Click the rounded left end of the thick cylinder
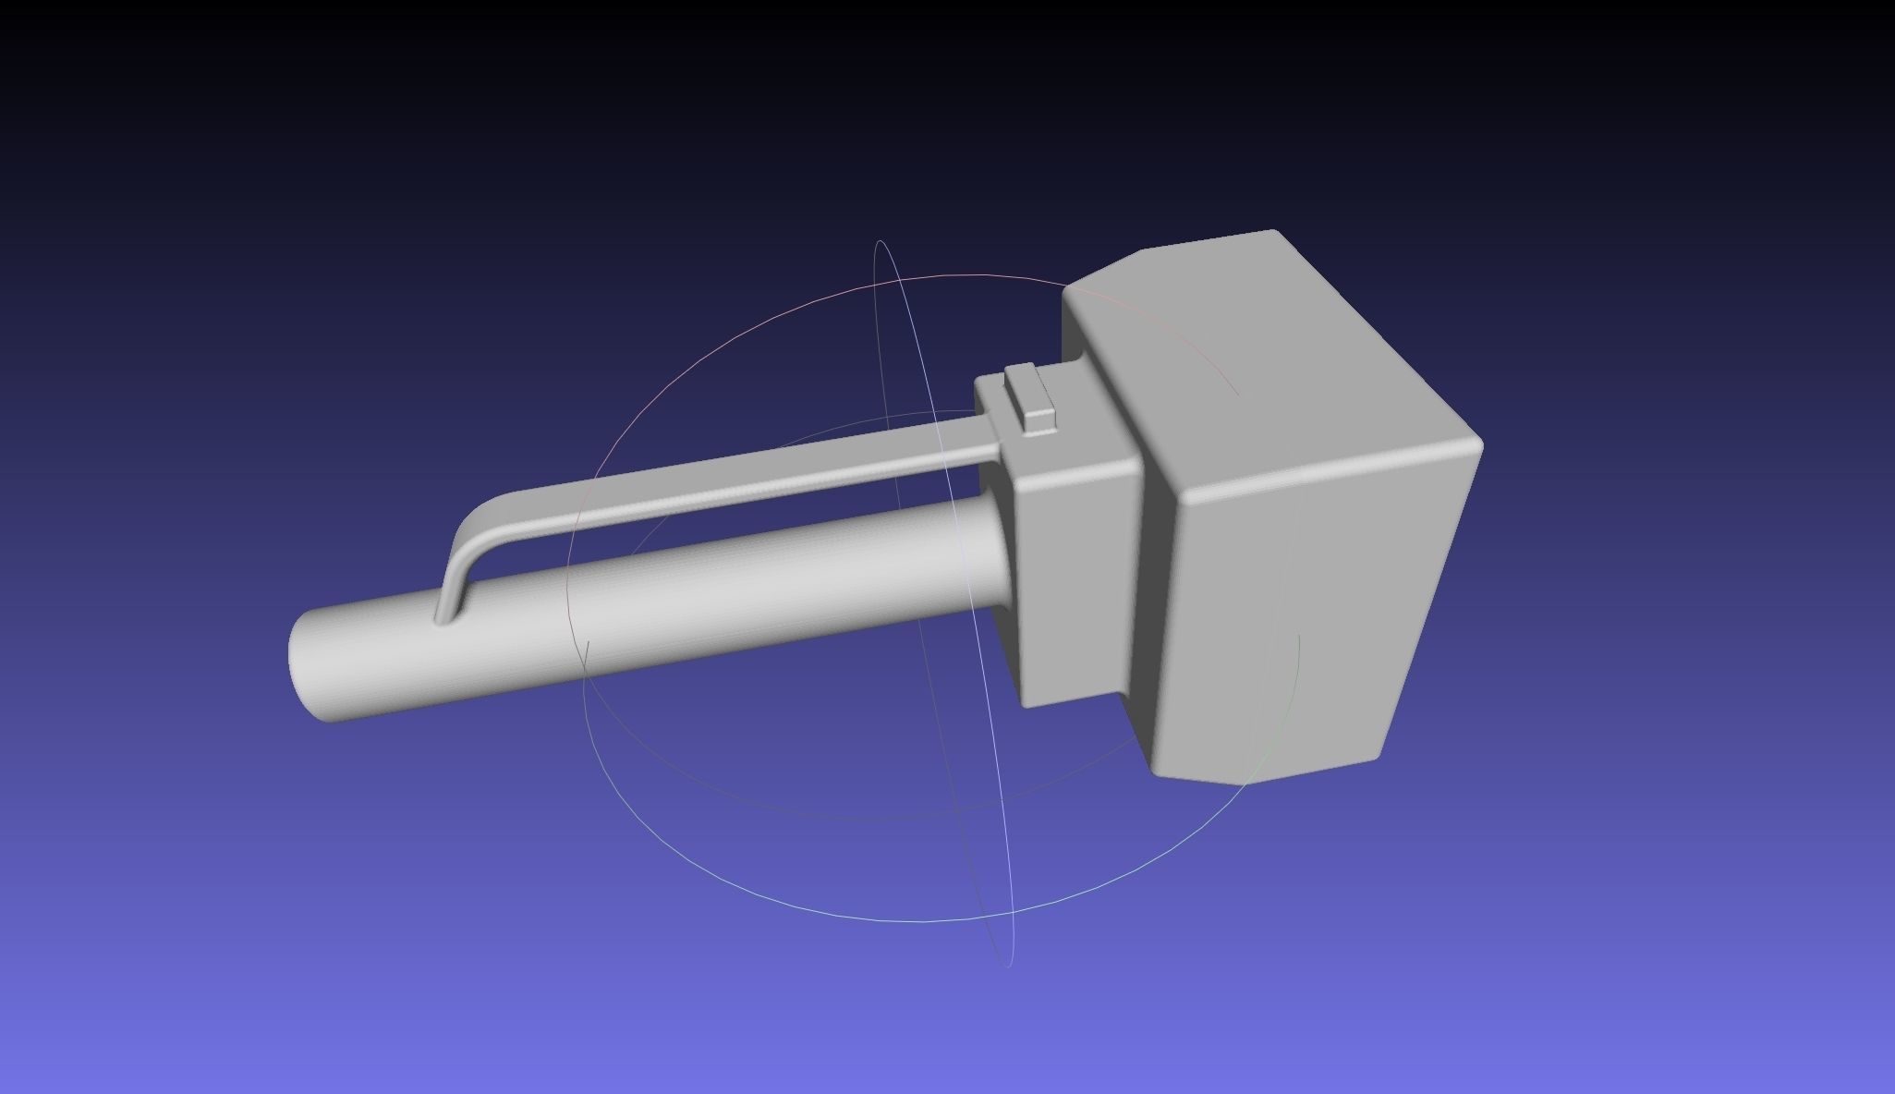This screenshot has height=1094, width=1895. pyautogui.click(x=305, y=667)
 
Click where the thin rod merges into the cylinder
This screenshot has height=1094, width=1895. pyautogui.click(x=447, y=617)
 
